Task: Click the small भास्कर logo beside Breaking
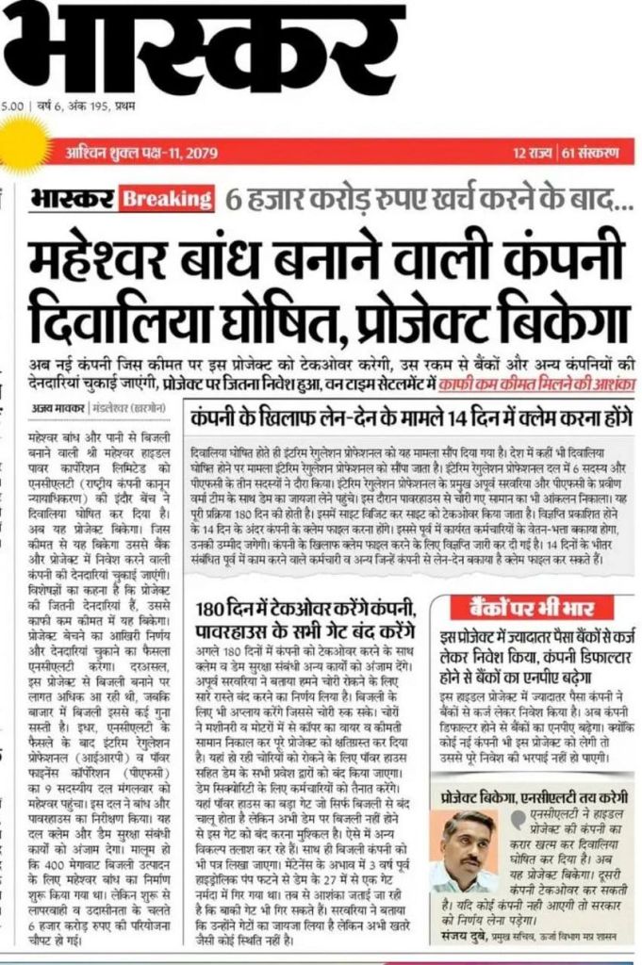[x=72, y=199]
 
